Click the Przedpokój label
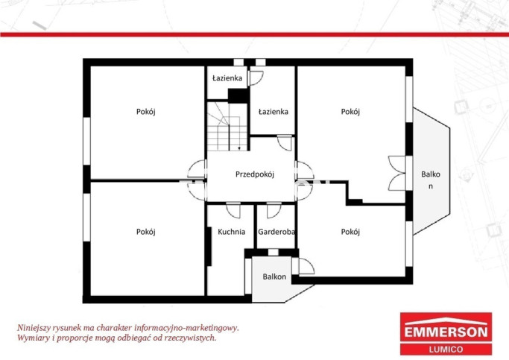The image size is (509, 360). (255, 174)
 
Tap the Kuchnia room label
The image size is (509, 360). (232, 232)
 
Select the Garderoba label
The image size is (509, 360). (276, 232)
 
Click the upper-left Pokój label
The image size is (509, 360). (146, 112)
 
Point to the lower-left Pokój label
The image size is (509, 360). (146, 232)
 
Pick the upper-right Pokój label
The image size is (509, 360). (350, 112)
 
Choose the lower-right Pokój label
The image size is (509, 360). (350, 232)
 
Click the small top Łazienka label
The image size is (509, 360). (227, 78)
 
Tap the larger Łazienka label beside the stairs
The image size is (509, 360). (274, 112)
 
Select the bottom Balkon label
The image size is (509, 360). (275, 277)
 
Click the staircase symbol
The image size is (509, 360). (228, 126)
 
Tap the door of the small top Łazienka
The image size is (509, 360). (256, 78)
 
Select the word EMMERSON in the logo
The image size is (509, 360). (446, 332)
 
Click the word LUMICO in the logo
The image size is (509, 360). (446, 350)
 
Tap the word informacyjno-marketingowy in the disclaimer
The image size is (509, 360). (186, 328)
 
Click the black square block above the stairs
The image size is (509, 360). (238, 95)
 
